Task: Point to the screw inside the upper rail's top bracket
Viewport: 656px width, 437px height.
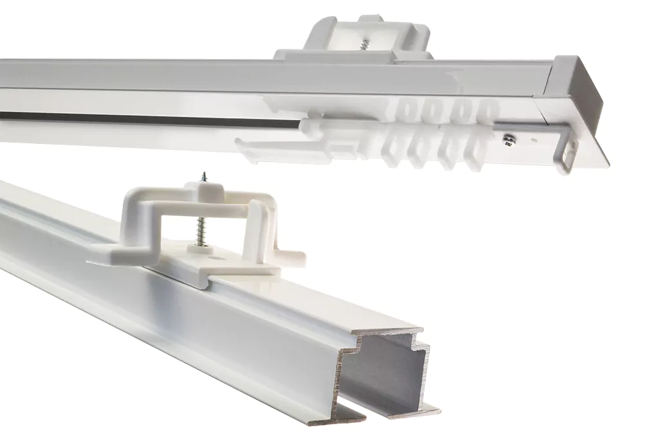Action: pyautogui.click(x=365, y=44)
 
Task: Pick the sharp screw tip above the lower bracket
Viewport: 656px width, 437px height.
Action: pyautogui.click(x=204, y=174)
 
